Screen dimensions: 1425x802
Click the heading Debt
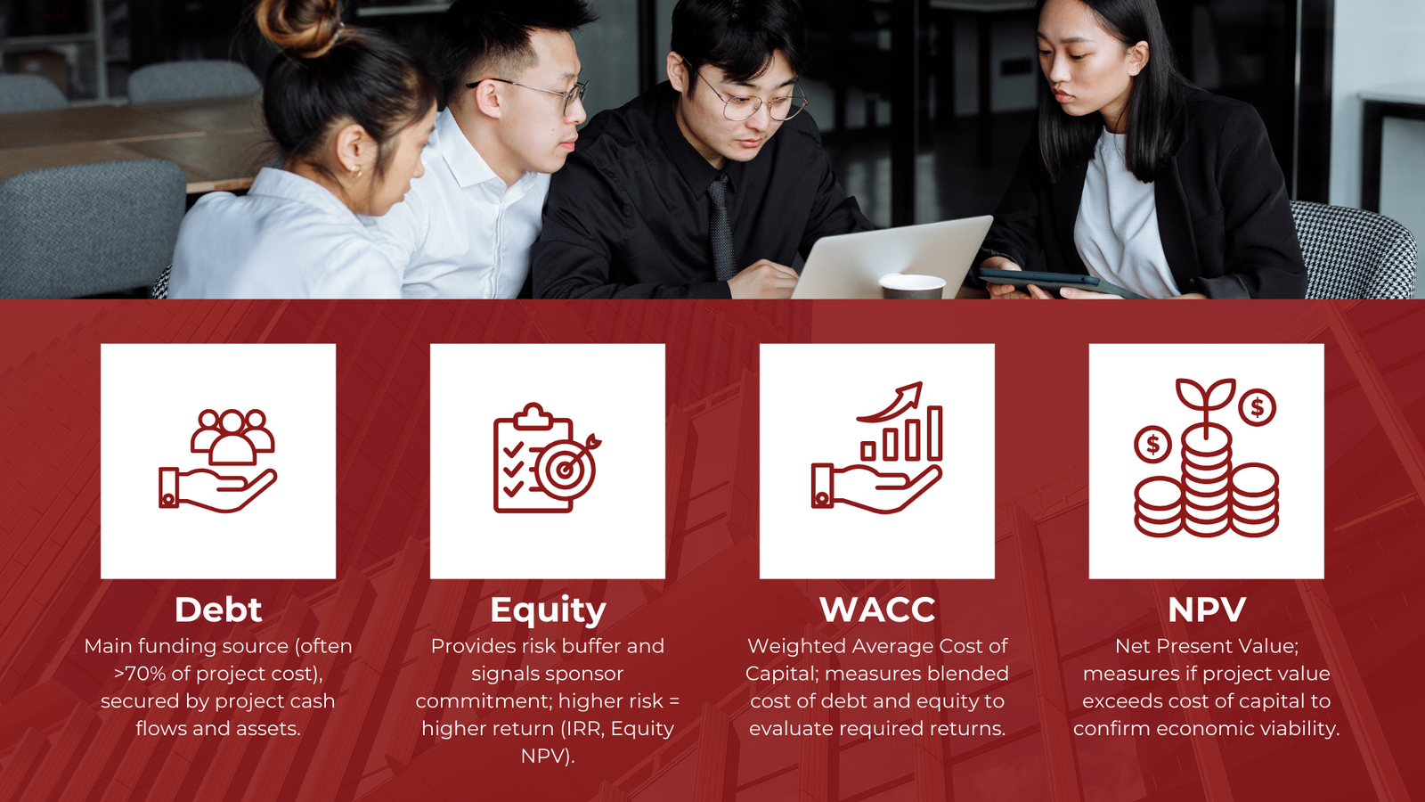pos(218,610)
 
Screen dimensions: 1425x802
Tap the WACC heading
pos(877,610)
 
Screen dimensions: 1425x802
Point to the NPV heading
pos(1207,610)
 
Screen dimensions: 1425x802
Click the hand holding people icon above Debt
pos(217,461)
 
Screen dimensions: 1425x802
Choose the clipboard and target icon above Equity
pos(547,458)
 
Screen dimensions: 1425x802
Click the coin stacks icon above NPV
pos(1206,458)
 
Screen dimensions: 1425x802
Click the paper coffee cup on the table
pos(912,286)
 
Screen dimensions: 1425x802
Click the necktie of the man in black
pos(721,227)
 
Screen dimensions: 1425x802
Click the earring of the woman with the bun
pos(355,170)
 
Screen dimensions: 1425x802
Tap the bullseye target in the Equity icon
pos(565,470)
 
